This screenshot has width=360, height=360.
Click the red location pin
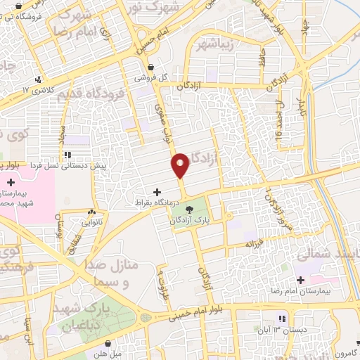click(x=180, y=165)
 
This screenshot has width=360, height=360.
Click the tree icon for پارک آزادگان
click(x=188, y=209)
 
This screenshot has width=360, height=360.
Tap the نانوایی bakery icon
click(x=91, y=212)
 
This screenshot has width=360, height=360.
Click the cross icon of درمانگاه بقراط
click(x=156, y=191)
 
